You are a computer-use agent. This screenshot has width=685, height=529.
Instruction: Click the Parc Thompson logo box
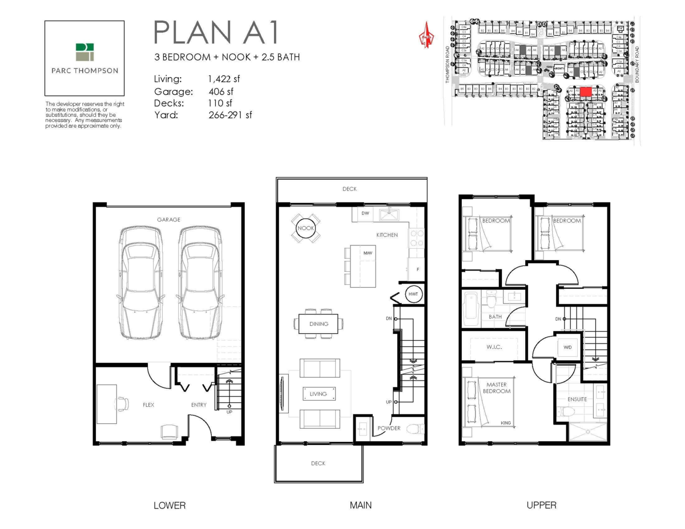84,59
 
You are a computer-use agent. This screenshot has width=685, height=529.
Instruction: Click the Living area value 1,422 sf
224,80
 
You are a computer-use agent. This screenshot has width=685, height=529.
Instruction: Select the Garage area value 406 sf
221,91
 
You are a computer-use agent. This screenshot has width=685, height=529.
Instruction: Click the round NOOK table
305,228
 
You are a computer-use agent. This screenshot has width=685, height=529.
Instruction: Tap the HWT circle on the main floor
413,294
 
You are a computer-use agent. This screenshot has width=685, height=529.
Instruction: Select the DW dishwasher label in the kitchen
365,213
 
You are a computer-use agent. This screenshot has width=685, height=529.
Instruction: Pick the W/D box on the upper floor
567,348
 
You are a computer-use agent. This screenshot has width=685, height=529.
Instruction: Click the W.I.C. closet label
494,347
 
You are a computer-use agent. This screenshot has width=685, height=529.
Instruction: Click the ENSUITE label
577,399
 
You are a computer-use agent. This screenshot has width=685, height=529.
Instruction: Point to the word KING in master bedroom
505,423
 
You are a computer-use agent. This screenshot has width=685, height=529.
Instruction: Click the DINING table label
319,324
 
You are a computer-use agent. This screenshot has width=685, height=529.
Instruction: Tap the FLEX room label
148,405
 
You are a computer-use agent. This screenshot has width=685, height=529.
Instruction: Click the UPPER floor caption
541,505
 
